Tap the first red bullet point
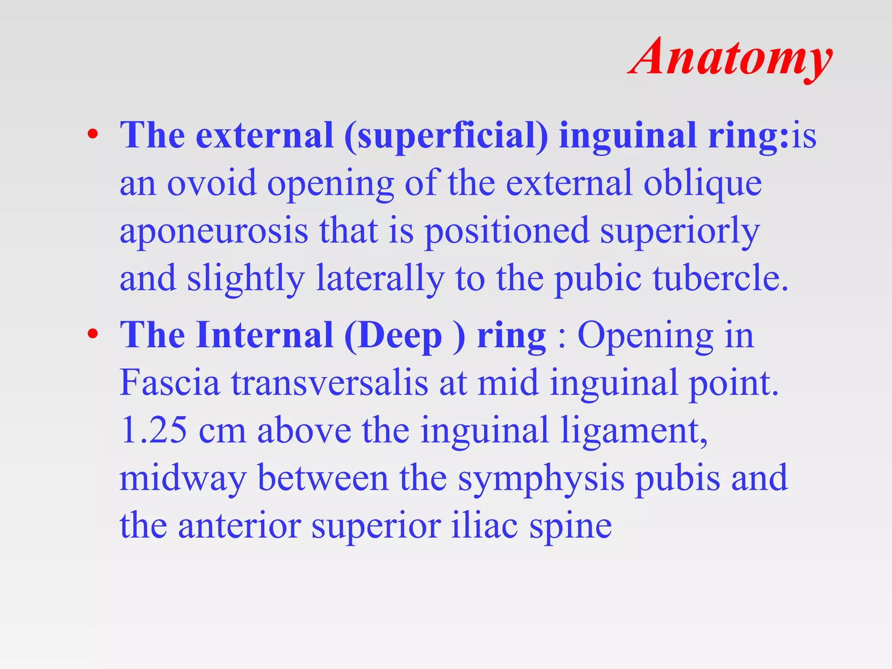92,135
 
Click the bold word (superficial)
446,136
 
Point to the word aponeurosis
214,231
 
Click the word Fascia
169,382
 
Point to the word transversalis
329,382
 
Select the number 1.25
153,430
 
